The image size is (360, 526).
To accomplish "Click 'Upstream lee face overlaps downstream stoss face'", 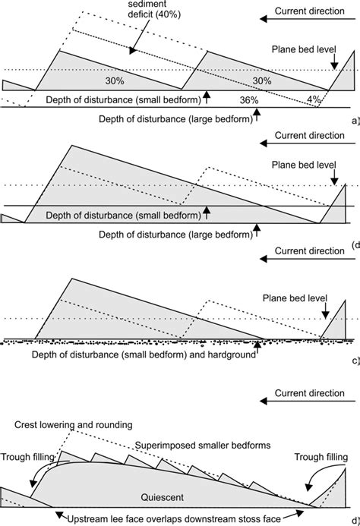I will click(x=179, y=516).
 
